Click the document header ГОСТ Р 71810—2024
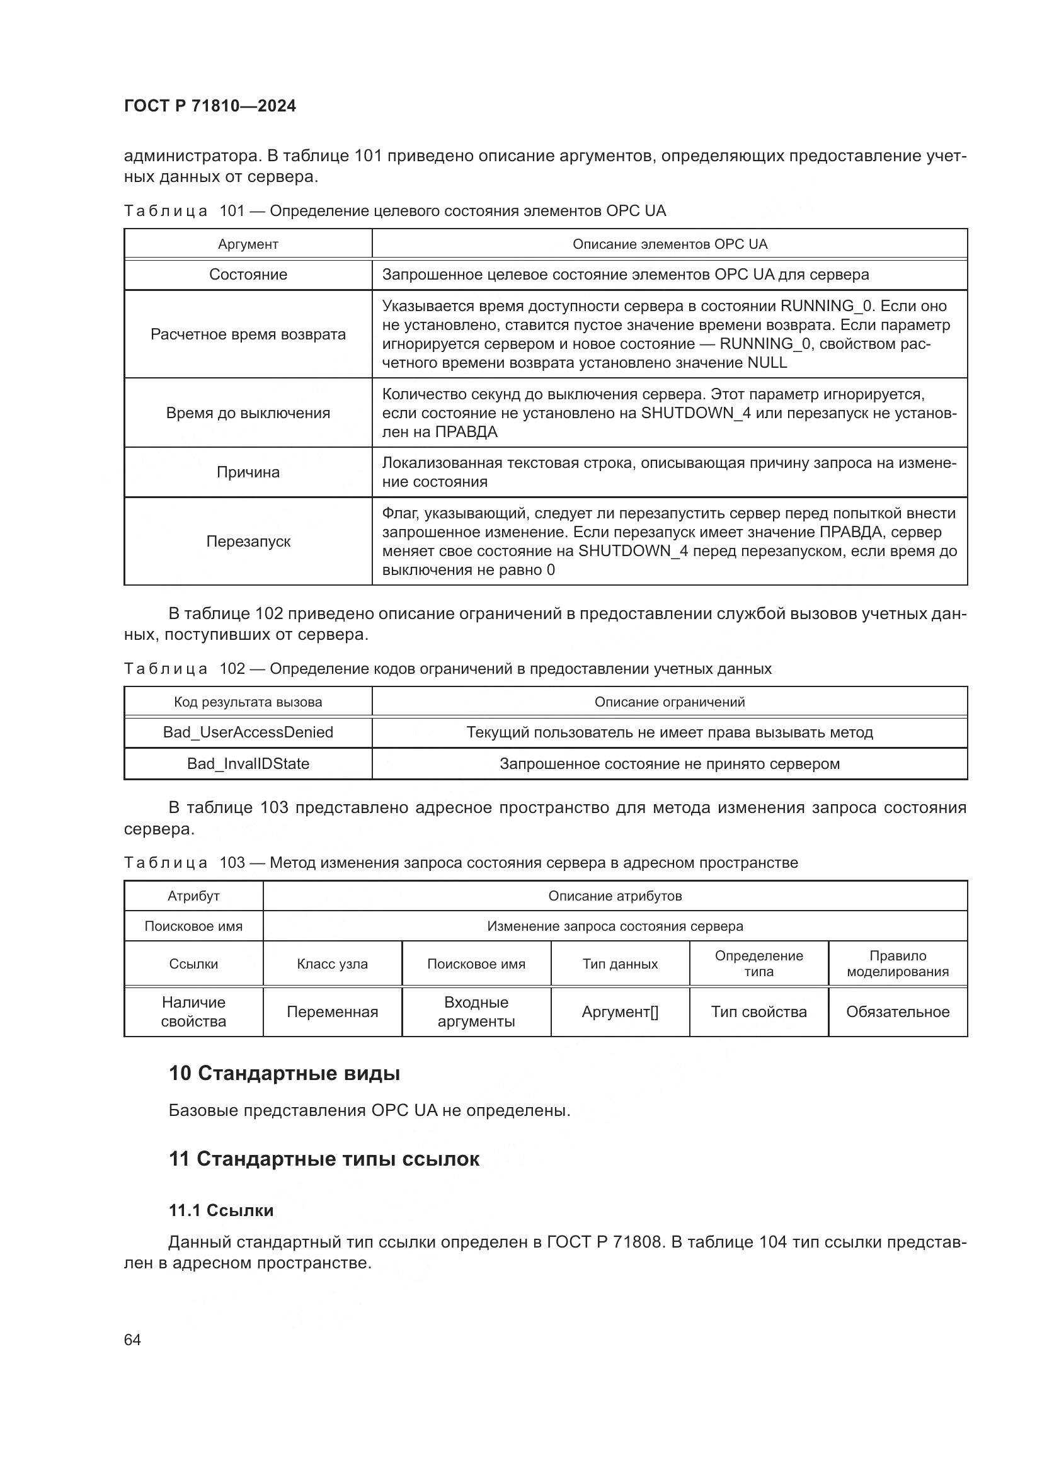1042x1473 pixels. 210,106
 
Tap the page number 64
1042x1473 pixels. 132,1339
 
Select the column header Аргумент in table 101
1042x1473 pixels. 248,244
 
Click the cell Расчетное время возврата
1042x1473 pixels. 248,334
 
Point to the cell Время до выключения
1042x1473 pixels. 248,413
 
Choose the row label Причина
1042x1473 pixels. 248,472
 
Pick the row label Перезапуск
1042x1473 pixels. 248,542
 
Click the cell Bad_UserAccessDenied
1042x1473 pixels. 248,732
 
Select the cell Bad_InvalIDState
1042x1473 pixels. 248,763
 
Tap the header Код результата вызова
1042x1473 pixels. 248,702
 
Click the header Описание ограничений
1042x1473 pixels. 669,702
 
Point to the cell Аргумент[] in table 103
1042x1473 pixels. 619,1012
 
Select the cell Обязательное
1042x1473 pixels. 897,1012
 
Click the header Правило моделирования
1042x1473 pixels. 897,964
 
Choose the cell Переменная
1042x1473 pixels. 332,1012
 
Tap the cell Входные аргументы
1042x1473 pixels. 476,1012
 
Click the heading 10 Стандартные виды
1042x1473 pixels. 284,1073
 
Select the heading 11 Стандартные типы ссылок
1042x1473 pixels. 324,1159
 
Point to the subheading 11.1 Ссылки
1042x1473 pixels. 220,1210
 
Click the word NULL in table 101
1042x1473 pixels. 767,363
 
